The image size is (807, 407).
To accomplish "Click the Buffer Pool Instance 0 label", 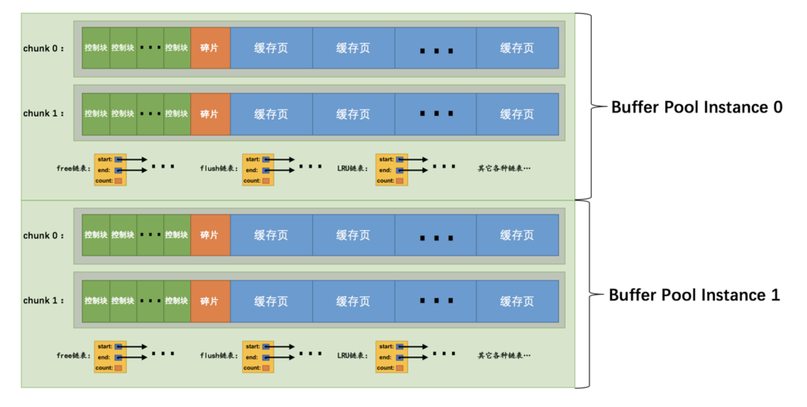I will point(696,107).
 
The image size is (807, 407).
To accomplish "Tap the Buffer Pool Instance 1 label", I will point(694,295).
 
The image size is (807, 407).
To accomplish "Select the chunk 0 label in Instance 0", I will point(43,48).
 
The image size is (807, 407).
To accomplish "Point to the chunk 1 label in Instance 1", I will point(43,301).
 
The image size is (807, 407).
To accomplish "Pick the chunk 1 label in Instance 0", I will point(43,113).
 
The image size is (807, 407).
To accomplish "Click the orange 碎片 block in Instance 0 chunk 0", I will point(210,48).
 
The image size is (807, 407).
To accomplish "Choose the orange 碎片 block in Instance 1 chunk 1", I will point(210,301).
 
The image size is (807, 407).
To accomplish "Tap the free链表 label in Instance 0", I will point(73,169).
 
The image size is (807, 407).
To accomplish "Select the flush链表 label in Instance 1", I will point(219,356).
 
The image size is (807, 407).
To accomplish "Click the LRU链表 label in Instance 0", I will point(352,169).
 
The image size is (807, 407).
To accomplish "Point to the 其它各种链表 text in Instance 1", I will point(504,356).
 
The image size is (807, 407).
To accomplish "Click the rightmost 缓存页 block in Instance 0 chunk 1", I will point(517,114).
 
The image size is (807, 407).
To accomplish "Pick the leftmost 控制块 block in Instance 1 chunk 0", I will point(96,235).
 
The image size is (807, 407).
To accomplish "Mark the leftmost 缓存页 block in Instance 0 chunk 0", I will point(271,48).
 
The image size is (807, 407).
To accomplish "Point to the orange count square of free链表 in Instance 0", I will point(119,181).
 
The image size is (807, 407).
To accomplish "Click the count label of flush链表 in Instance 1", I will point(252,368).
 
